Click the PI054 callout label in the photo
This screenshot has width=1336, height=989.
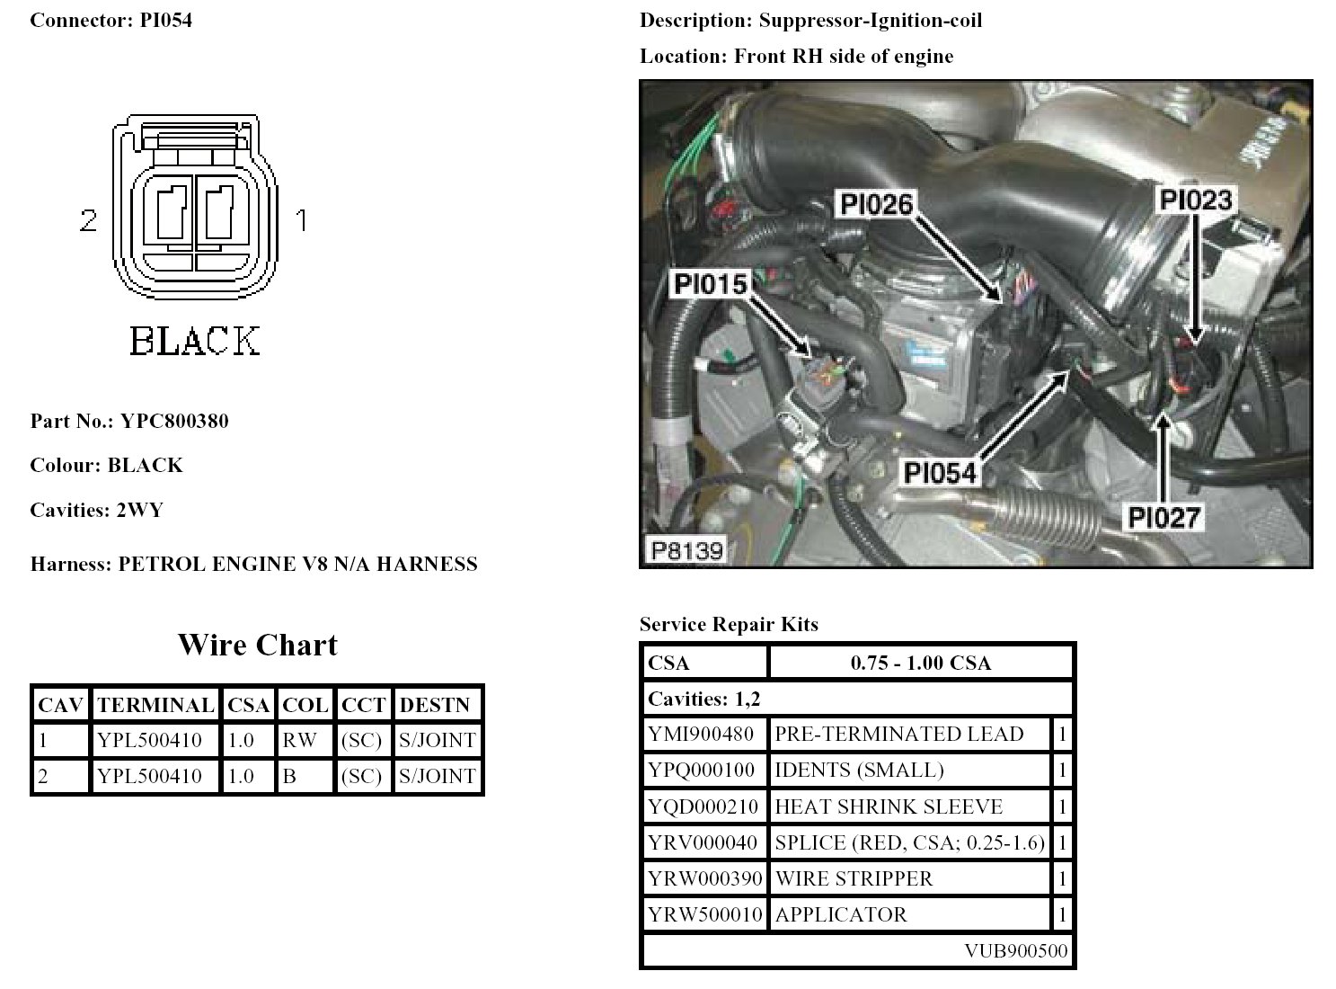939,471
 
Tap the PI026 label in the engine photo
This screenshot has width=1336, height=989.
876,204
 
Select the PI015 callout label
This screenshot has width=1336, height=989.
710,284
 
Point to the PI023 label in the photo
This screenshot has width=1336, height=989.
1195,200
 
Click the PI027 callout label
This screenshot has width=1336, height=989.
1164,517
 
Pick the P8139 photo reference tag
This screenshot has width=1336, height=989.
687,550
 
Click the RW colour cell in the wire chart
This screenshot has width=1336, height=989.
300,740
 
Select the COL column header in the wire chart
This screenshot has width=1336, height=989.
304,705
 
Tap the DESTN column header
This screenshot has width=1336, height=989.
435,705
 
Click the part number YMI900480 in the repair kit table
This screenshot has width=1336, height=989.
701,735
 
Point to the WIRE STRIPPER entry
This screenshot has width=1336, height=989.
854,878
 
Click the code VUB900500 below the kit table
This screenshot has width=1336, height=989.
1016,951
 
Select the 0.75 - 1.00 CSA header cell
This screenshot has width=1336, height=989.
920,664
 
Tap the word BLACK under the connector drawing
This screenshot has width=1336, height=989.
195,342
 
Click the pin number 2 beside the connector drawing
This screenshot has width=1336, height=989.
88,220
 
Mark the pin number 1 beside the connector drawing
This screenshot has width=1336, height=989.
302,220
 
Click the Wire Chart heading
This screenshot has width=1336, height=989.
257,645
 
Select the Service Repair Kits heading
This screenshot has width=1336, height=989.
729,624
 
